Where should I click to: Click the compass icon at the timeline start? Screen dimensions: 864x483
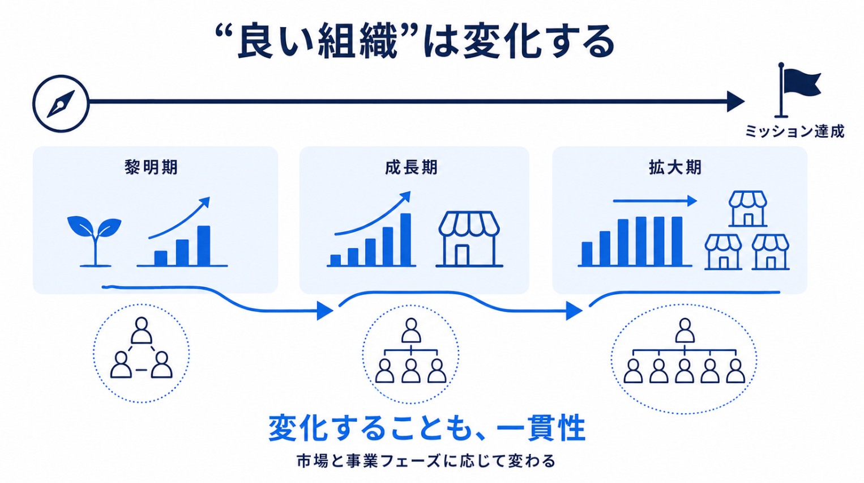coord(61,104)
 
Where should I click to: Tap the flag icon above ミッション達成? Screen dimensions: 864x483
coord(798,90)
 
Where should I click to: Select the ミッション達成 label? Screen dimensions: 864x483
coord(794,132)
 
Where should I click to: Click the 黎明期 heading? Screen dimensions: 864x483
coord(151,168)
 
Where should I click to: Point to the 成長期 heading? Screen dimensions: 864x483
coord(412,168)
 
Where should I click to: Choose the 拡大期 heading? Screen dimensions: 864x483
coord(675,168)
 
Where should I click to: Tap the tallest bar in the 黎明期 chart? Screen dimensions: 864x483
coord(204,245)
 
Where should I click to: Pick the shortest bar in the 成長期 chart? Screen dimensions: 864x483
coord(336,260)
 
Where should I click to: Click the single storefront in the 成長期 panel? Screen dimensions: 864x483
coord(469,239)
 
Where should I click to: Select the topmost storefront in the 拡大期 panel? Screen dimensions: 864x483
coord(748,209)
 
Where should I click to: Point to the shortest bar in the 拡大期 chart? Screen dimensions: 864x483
coord(587,253)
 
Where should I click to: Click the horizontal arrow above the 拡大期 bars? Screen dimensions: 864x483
coord(655,201)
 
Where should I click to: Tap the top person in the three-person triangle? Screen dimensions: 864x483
coord(142,331)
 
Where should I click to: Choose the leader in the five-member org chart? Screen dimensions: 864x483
coord(685,331)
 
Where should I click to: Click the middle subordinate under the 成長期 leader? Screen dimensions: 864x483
coord(411,371)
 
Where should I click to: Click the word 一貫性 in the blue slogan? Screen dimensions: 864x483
coord(541,428)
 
